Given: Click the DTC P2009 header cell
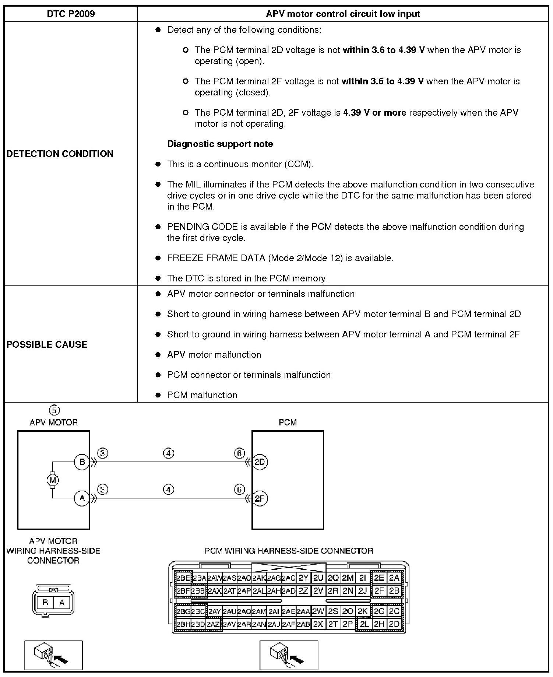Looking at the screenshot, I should coord(71,14).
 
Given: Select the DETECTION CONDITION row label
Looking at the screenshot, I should coord(60,154).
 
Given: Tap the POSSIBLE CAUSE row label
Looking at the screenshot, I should coord(47,344).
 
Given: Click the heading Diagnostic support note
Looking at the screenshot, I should coord(220,144).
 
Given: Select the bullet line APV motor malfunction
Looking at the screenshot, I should coord(214,354).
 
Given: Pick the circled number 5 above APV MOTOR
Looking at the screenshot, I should coord(54,410).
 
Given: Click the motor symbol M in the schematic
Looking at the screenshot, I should coord(52,480).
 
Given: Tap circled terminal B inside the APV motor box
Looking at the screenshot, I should coord(82,462).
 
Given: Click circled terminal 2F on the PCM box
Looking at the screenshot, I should coord(260,499).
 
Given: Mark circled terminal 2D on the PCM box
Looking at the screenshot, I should coord(260,462).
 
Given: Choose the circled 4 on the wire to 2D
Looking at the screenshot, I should coord(168,453).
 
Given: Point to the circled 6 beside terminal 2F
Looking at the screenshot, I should coord(239,490).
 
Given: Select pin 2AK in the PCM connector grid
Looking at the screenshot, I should coord(259,578).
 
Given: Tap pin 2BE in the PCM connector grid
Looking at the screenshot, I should coord(183,578).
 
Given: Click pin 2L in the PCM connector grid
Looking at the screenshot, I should coord(364,624).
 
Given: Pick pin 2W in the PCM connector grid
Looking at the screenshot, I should coord(318,611).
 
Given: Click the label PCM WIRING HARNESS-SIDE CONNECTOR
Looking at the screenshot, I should coord(289,551).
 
